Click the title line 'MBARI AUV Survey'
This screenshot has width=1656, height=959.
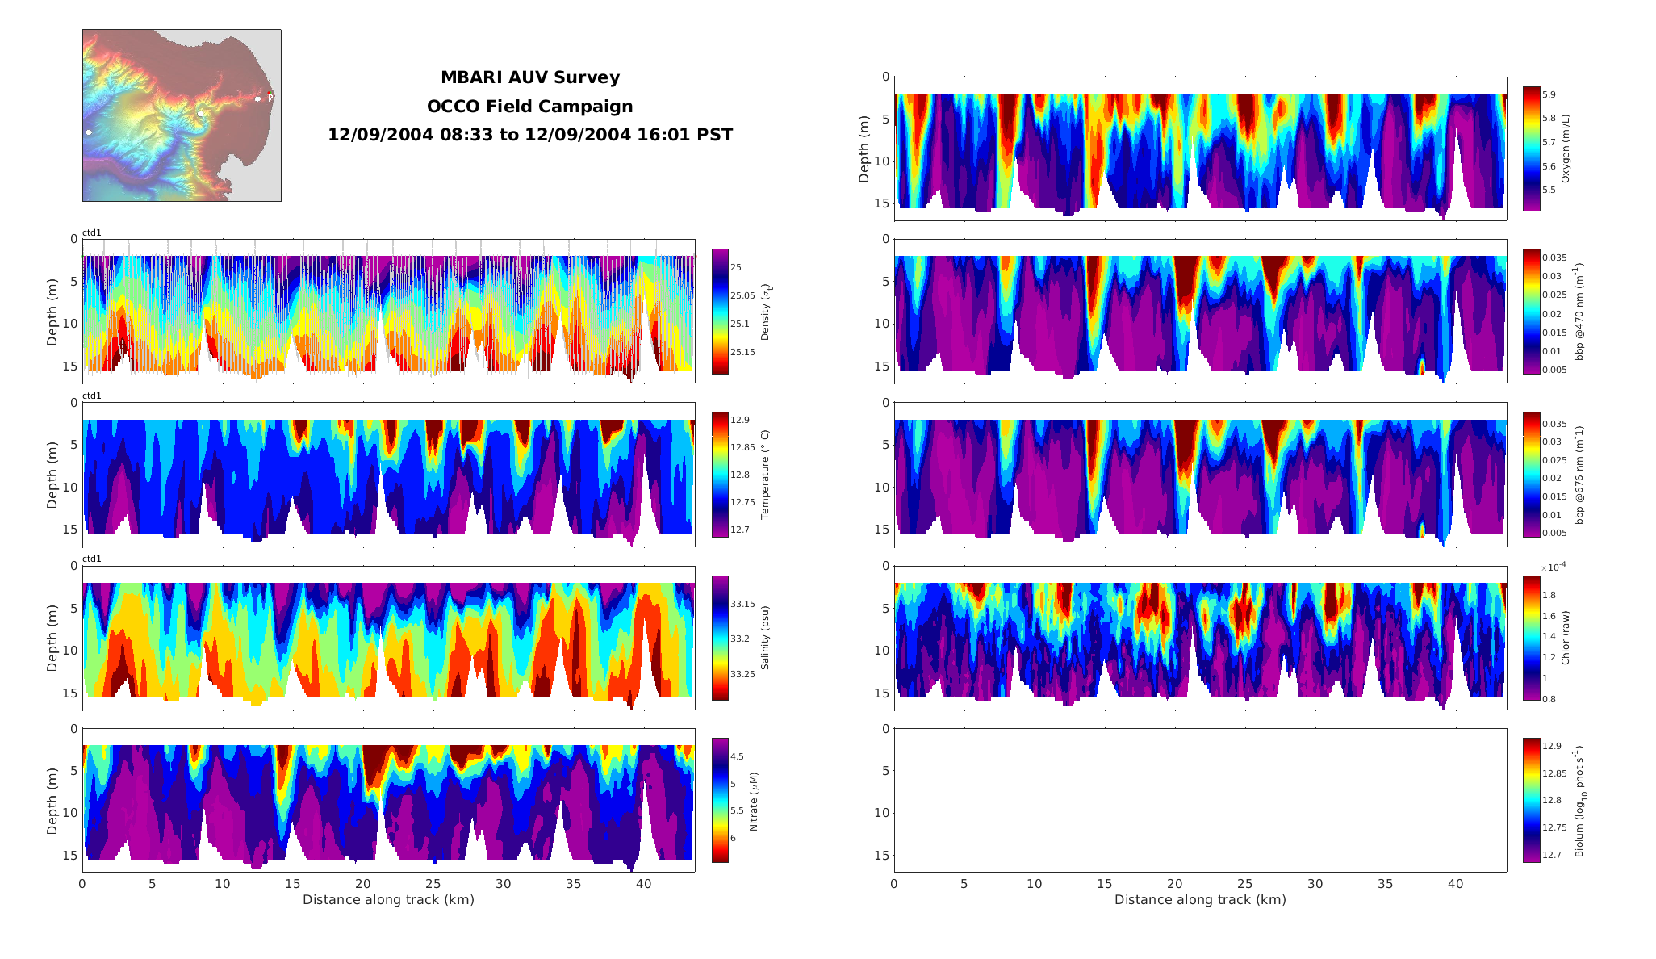click(529, 77)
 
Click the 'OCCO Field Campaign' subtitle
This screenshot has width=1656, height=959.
click(529, 107)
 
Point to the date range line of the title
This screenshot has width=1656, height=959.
click(529, 135)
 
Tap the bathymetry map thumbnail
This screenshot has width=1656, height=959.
click(182, 115)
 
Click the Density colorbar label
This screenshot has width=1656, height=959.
click(766, 312)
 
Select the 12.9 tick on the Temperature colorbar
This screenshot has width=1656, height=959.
click(739, 420)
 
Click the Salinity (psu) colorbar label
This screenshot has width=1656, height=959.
click(765, 638)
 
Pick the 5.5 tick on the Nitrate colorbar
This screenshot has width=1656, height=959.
click(737, 810)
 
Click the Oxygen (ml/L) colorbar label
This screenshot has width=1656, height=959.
click(1566, 149)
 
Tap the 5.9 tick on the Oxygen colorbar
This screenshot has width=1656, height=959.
click(1549, 94)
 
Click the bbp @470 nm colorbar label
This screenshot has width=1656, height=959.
click(1579, 311)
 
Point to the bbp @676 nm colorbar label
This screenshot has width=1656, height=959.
click(1579, 475)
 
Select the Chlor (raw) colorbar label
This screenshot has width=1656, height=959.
click(1566, 638)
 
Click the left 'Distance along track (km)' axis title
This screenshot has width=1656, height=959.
click(388, 900)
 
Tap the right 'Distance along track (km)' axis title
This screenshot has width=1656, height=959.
click(1200, 900)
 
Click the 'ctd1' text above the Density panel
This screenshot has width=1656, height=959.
click(92, 233)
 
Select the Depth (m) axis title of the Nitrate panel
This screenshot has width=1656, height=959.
click(52, 800)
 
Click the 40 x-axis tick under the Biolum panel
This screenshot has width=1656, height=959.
click(1455, 884)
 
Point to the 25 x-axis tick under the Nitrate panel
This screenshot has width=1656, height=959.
click(433, 884)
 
